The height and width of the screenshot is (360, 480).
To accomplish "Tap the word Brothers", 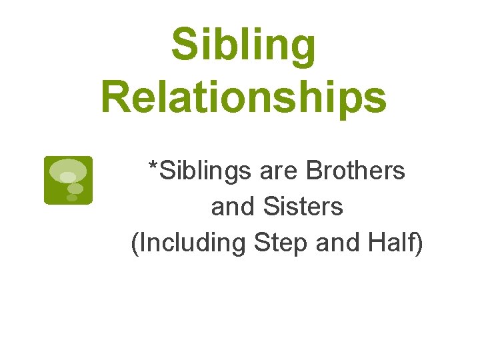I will tap(355, 171).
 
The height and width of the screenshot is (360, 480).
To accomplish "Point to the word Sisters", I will tap(303, 207).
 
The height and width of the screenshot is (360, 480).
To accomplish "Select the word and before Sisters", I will tap(233, 207).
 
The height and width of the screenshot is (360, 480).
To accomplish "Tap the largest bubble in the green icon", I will tap(68, 170).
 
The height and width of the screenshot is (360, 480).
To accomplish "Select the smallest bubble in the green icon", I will tap(72, 198).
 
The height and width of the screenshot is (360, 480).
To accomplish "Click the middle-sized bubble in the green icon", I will tap(75, 189).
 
